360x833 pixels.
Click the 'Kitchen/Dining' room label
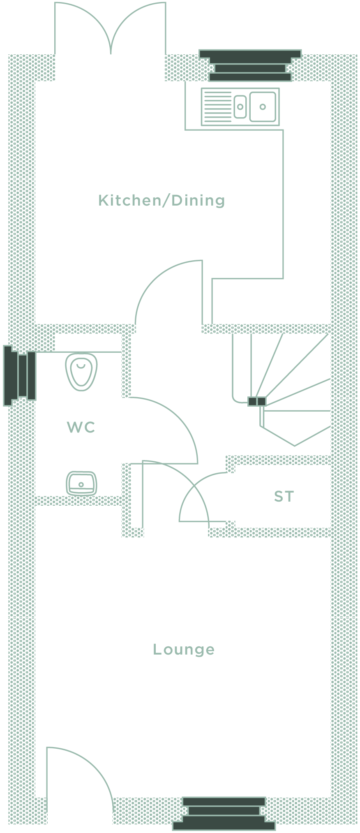point(162,201)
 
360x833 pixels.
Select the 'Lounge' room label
point(184,650)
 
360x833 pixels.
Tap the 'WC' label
point(81,427)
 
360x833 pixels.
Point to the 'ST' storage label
point(284,497)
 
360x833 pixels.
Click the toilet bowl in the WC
point(81,371)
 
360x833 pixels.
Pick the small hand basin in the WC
point(81,483)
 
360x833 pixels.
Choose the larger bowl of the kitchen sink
point(262,107)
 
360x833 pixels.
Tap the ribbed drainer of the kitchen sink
point(217,107)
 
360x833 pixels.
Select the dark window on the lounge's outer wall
point(224,813)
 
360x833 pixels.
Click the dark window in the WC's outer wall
point(20,376)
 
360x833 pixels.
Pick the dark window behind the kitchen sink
point(250,65)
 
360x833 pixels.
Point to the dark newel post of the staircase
point(257,401)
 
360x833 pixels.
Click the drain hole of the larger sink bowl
point(263,107)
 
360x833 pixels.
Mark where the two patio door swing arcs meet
point(111,53)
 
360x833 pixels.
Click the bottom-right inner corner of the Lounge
point(331,797)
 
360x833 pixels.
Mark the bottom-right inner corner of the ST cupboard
point(331,528)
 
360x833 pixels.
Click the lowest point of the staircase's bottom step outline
point(295,446)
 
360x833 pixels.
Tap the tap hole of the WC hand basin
point(81,485)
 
